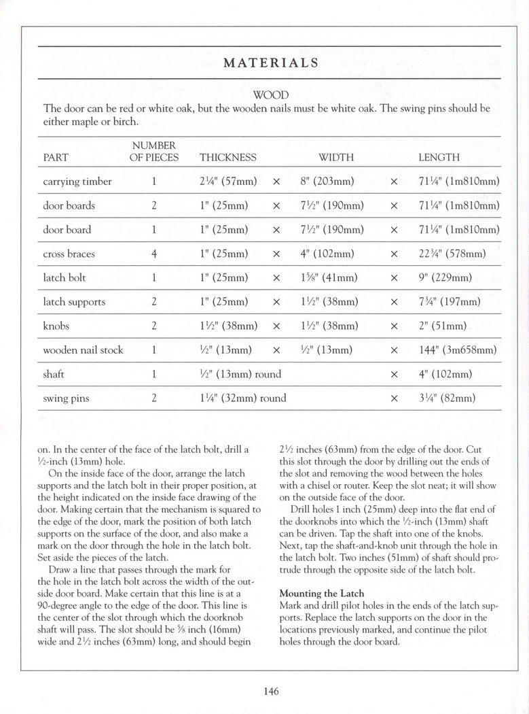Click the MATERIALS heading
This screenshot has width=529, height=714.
(x=270, y=63)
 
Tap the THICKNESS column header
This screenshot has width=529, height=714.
(x=228, y=157)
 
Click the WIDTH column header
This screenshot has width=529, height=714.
(x=336, y=157)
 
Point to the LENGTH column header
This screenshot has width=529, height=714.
(x=439, y=157)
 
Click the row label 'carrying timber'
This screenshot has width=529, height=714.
(x=77, y=182)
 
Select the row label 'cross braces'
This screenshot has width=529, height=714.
(x=69, y=254)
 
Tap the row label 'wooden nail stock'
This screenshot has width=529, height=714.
(x=83, y=350)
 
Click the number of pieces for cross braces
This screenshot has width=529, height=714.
(x=155, y=254)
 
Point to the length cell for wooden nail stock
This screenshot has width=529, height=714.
(x=458, y=350)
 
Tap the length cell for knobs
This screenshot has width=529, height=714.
(x=441, y=326)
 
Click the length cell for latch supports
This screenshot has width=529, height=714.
(x=449, y=302)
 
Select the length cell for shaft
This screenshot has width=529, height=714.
(x=445, y=374)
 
